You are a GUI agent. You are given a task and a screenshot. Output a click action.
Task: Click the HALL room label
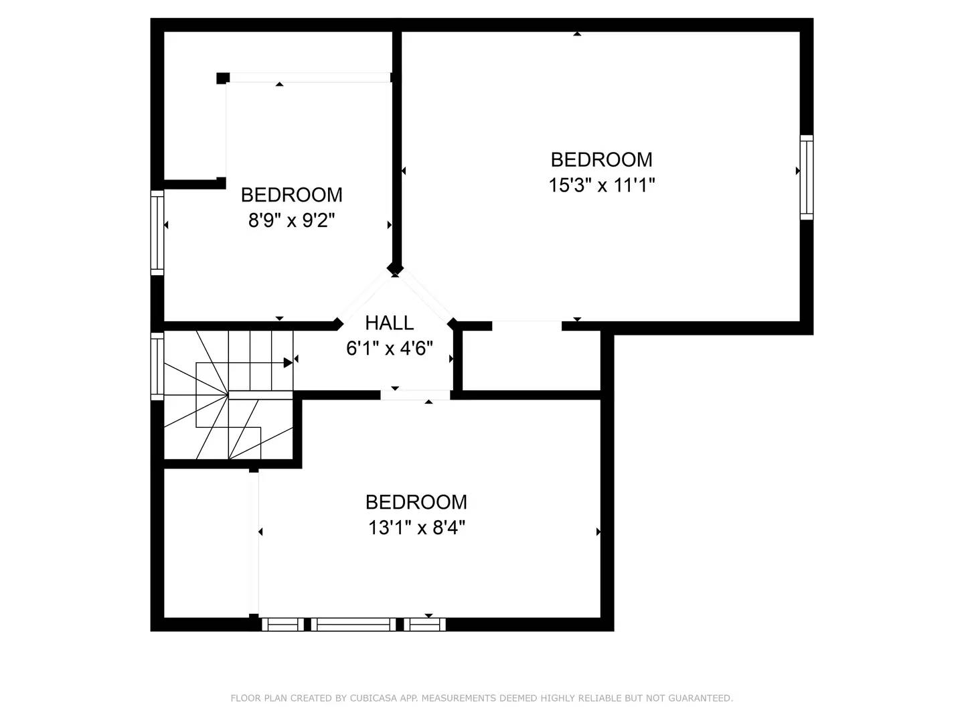pyautogui.click(x=389, y=323)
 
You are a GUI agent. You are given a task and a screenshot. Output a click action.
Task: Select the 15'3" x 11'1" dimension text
pyautogui.click(x=601, y=185)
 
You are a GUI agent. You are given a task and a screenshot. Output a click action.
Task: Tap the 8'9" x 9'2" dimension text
pyautogui.click(x=291, y=220)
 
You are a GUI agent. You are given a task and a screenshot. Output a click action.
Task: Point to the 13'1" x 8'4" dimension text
pyautogui.click(x=416, y=528)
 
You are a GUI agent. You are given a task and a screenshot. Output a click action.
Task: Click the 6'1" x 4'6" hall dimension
pyautogui.click(x=389, y=348)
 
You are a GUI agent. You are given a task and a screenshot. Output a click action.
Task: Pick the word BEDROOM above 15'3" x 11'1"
pyautogui.click(x=601, y=159)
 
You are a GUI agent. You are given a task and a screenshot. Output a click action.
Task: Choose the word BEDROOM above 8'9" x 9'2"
pyautogui.click(x=291, y=195)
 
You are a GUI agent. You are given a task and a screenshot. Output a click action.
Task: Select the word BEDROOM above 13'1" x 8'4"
pyautogui.click(x=416, y=502)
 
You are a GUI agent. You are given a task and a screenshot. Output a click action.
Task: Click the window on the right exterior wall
pyautogui.click(x=807, y=177)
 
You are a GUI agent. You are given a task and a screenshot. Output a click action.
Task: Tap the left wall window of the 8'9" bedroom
pyautogui.click(x=157, y=232)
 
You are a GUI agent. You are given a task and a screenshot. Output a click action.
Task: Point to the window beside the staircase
pyautogui.click(x=157, y=366)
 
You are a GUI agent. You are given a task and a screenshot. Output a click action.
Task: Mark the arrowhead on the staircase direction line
pyautogui.click(x=288, y=363)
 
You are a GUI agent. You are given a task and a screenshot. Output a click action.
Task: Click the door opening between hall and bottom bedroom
pyautogui.click(x=415, y=395)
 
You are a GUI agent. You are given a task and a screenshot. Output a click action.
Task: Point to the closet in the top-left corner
pyautogui.click(x=194, y=107)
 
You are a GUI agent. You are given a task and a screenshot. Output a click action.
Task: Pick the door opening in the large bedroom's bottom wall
pyautogui.click(x=527, y=327)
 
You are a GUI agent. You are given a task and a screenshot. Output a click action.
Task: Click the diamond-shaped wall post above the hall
pyautogui.click(x=395, y=269)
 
